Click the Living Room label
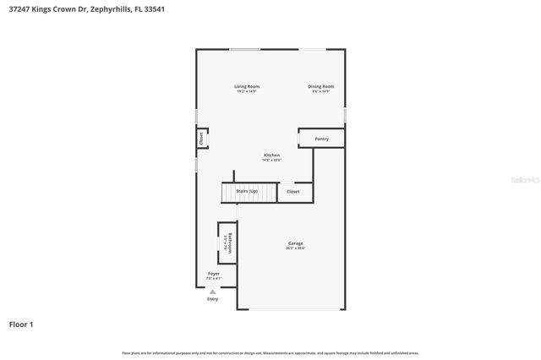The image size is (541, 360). click(247, 86)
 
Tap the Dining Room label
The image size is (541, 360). click(321, 86)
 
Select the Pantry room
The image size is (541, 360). click(321, 139)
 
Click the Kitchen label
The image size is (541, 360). click(271, 155)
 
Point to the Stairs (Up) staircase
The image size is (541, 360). click(249, 193)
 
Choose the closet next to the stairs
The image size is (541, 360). click(293, 192)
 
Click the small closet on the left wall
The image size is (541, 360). click(202, 138)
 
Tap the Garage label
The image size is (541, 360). click(295, 243)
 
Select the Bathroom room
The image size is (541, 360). click(227, 243)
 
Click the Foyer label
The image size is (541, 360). click(214, 274)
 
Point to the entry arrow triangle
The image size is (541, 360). click(212, 292)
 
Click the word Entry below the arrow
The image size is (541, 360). click(212, 299)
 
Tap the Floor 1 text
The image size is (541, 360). click(21, 324)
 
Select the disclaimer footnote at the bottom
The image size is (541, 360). click(270, 352)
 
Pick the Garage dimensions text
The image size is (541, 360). click(295, 248)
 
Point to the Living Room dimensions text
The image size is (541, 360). click(247, 91)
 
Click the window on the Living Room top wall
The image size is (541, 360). click(245, 49)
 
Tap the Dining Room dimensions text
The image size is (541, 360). click(321, 91)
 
